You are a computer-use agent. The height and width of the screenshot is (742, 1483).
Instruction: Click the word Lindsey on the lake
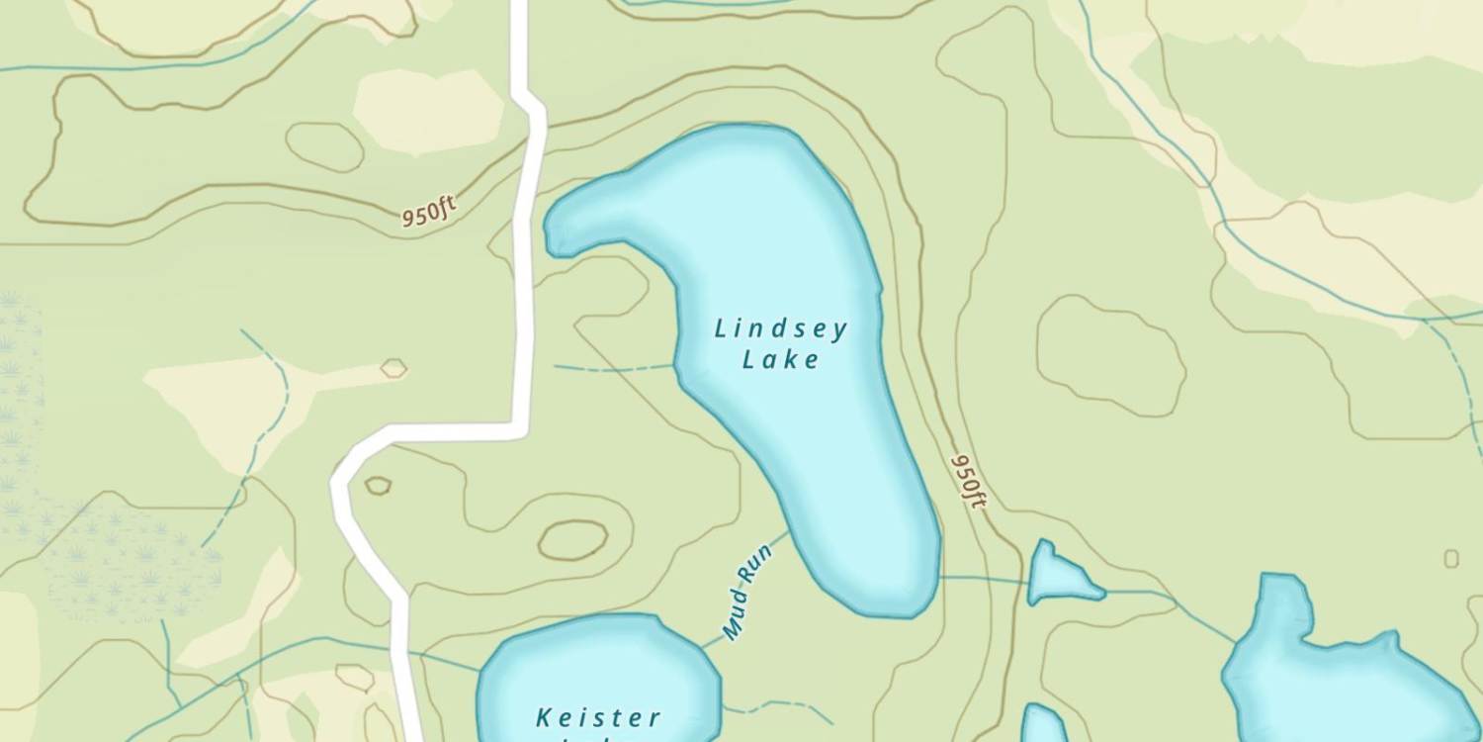click(x=781, y=328)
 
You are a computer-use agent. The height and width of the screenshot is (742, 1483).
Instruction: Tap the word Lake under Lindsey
click(x=781, y=359)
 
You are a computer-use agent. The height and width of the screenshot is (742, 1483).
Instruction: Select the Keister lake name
click(x=598, y=717)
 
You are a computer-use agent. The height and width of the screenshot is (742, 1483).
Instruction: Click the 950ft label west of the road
click(x=428, y=212)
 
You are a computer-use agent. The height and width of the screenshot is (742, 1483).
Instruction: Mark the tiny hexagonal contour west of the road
click(x=393, y=369)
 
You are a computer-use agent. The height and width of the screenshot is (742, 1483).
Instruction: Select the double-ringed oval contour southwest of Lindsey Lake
click(x=572, y=540)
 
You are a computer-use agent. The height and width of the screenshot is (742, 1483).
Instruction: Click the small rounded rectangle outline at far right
click(x=1450, y=559)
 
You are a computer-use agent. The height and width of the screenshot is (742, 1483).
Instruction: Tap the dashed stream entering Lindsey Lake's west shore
click(x=613, y=368)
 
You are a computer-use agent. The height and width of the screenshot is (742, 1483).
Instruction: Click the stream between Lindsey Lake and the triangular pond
click(x=984, y=578)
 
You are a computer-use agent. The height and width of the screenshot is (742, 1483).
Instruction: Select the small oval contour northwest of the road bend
click(x=324, y=146)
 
